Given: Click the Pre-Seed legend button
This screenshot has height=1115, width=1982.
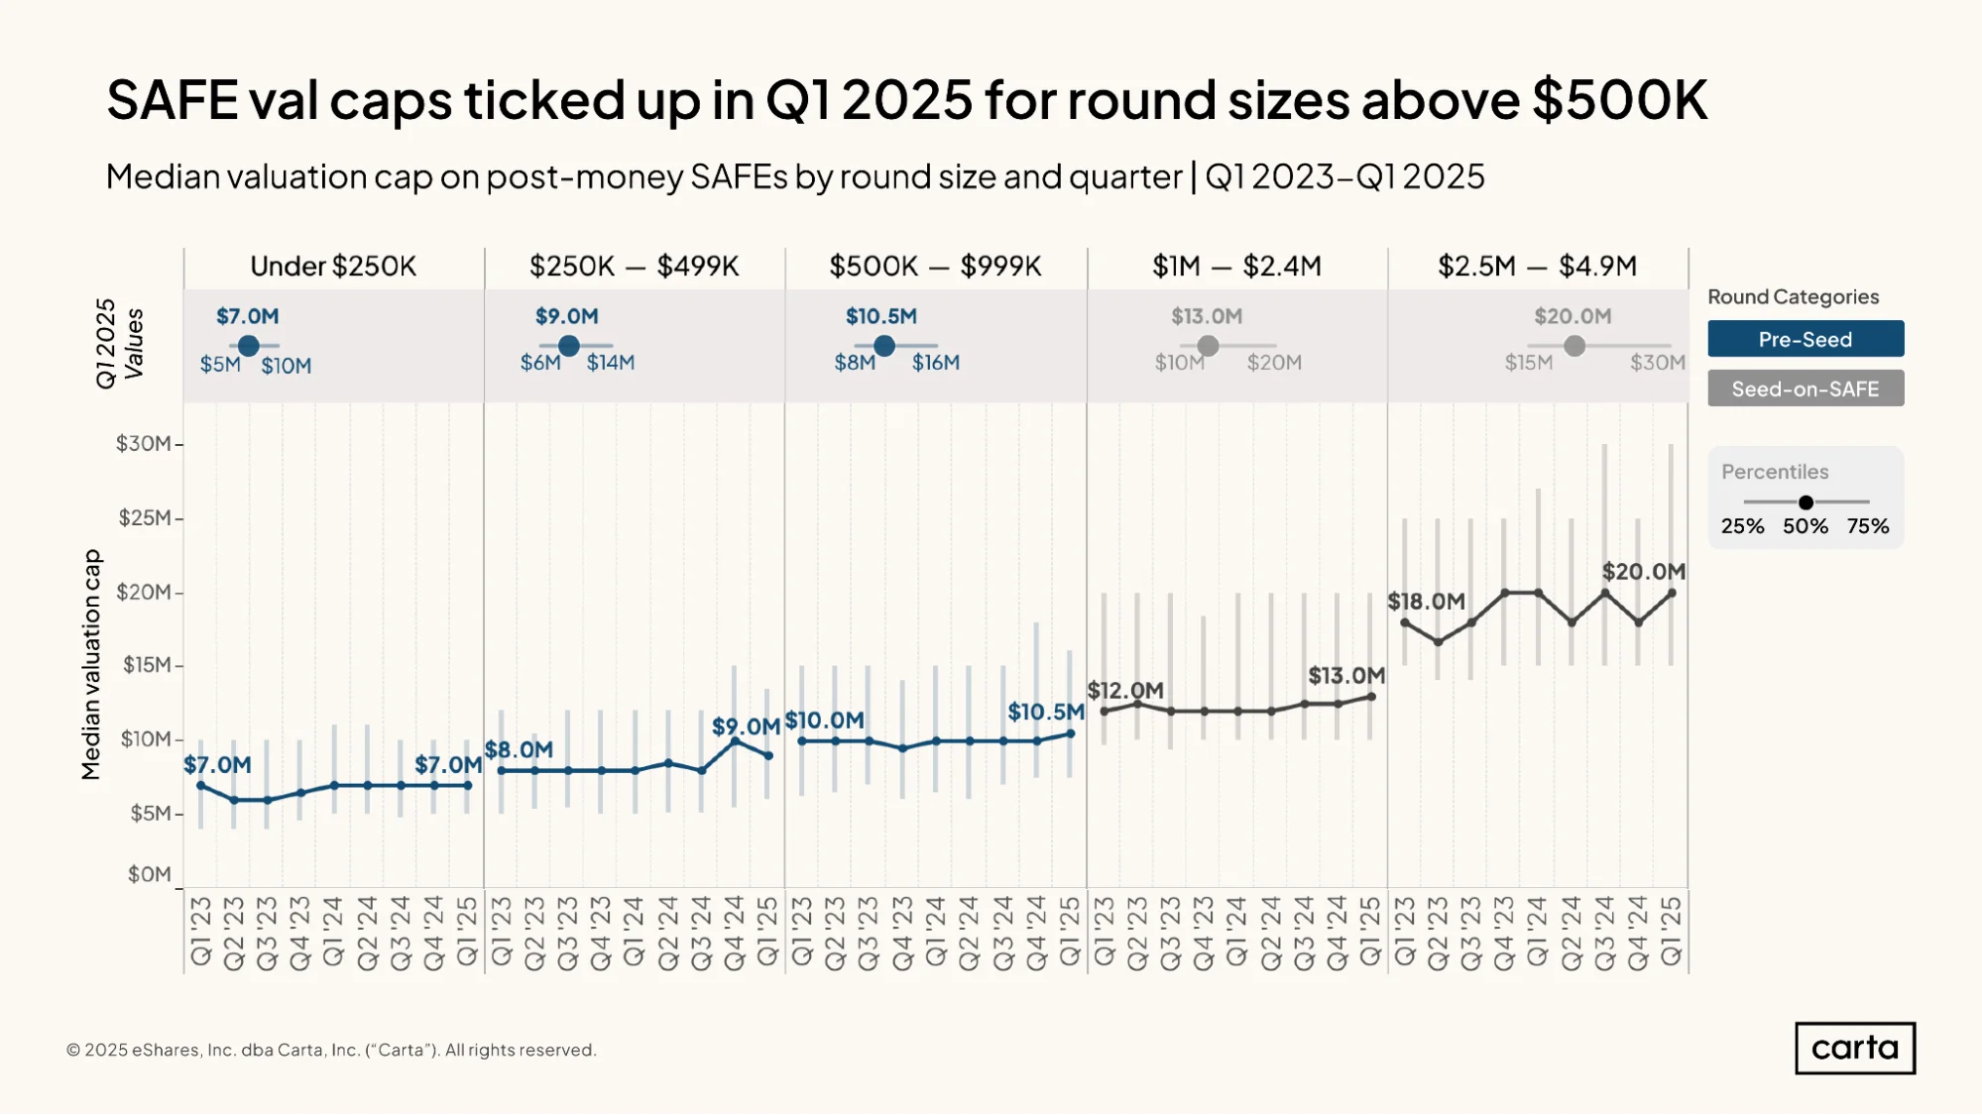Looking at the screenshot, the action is click(x=1806, y=339).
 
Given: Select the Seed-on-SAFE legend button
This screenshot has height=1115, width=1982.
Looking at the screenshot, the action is click(x=1806, y=389).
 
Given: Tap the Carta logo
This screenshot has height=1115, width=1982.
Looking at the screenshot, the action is click(x=1855, y=1048).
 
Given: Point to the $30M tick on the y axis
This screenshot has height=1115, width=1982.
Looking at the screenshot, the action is click(x=144, y=443).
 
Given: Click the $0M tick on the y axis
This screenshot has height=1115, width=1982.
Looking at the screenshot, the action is click(x=150, y=874).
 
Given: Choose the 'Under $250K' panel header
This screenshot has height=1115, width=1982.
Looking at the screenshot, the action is click(x=333, y=266).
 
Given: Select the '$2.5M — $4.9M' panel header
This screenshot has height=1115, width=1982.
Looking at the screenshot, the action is click(x=1537, y=266).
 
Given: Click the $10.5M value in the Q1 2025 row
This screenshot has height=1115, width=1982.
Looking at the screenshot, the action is click(x=881, y=316).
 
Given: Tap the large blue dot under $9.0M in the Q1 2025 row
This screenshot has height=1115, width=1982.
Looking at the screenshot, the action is click(x=569, y=346).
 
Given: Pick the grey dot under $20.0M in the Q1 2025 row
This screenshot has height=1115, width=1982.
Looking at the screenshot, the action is click(x=1574, y=346).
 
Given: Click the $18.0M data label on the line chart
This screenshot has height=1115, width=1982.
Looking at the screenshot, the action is click(x=1426, y=602).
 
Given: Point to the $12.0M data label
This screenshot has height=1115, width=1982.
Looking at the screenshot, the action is click(x=1125, y=690).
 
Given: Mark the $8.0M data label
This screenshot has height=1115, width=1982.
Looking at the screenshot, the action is click(x=519, y=749).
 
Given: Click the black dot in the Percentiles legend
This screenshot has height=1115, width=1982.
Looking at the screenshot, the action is click(x=1806, y=502).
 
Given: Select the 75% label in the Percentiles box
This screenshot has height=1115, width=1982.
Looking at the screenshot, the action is click(x=1868, y=526).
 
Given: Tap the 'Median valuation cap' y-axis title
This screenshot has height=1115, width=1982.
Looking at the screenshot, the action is click(x=91, y=664).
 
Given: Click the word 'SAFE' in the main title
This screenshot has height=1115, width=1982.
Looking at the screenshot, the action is click(x=173, y=100).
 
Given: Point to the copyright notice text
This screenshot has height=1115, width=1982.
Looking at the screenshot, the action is click(x=331, y=1050).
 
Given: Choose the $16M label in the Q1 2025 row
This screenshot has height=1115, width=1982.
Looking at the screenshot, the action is click(x=936, y=363).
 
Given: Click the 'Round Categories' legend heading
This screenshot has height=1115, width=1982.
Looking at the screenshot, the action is click(x=1793, y=296).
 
